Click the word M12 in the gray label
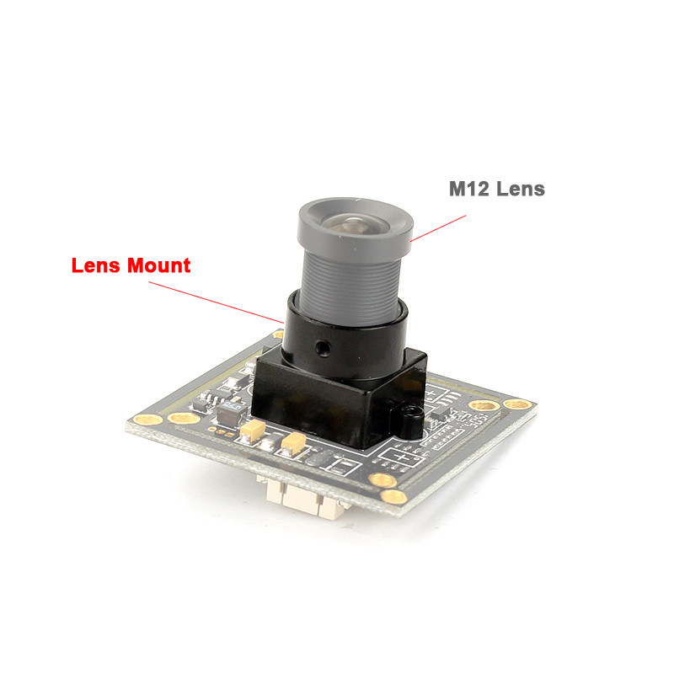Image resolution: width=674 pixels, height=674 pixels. pos(468,189)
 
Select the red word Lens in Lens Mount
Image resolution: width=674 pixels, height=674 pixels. pos(97,265)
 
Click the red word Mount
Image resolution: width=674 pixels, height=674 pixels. pos(159,265)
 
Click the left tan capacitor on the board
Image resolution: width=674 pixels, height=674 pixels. pos(252,431)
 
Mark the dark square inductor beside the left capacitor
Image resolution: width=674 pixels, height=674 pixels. pos(228,412)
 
